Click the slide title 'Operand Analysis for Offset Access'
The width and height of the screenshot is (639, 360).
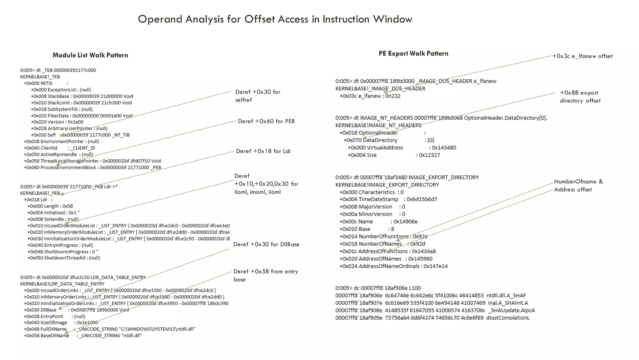coord(275,19)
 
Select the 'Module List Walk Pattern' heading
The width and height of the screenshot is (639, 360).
coord(90,55)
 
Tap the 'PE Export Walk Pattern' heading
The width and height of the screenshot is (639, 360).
coord(413,53)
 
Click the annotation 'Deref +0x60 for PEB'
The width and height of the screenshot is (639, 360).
coord(266,121)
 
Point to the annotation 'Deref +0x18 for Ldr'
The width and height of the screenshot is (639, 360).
coord(263,151)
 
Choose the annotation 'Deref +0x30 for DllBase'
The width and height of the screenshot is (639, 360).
coord(266,244)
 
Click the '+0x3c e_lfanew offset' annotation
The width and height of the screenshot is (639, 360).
coord(582,56)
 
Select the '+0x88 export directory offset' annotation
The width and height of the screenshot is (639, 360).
coord(580,97)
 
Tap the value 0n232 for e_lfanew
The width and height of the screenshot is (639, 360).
coord(393,96)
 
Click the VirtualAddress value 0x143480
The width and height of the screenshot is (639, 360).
coord(444,147)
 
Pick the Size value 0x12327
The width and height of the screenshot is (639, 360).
coord(429,155)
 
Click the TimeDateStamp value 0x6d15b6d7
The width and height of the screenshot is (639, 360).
coord(422,199)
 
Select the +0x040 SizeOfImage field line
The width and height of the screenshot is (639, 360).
coord(61,322)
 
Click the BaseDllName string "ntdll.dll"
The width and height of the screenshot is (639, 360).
coord(131,336)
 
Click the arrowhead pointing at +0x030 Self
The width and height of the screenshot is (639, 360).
coord(62,135)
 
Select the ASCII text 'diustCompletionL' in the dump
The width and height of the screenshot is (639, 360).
coord(508,318)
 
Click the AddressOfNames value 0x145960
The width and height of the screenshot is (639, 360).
coord(420,259)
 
